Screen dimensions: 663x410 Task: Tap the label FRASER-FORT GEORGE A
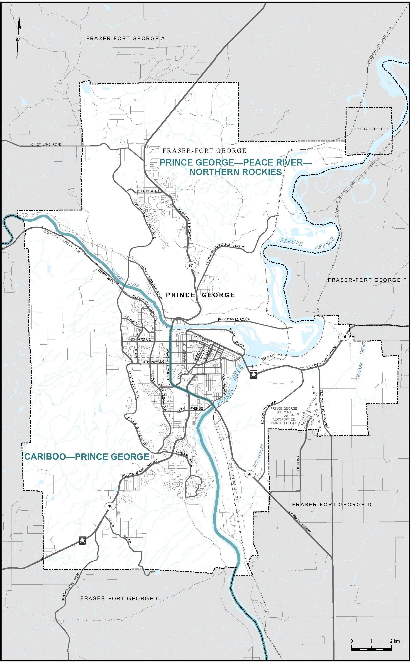[x=125, y=39]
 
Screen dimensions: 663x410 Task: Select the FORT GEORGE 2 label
[x=369, y=129]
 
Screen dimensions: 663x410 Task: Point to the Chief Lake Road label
[x=46, y=144]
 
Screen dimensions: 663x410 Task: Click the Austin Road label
[x=148, y=191]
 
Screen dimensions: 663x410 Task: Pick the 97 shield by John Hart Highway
[x=191, y=265]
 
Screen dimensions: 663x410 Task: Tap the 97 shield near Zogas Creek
[x=249, y=474]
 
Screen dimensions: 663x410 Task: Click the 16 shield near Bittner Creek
[x=344, y=337]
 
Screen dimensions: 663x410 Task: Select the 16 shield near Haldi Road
[x=110, y=506]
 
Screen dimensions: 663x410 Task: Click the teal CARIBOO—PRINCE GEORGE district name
[x=87, y=457]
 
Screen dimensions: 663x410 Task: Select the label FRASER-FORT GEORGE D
[x=331, y=505]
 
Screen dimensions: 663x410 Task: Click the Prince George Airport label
[x=284, y=410]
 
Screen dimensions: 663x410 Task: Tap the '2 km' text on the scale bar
[x=395, y=641]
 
